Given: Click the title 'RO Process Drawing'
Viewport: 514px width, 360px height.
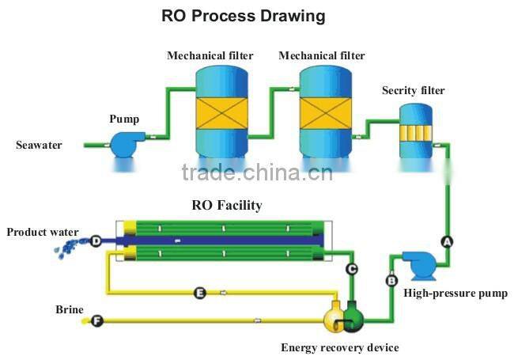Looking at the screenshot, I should click(x=243, y=16).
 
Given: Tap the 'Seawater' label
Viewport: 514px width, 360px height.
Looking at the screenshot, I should click(x=38, y=145).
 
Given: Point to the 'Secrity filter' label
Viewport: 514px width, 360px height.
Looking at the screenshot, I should click(x=413, y=90).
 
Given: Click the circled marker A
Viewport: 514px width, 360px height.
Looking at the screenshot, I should click(x=447, y=241).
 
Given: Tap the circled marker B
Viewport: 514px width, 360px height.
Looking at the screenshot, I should click(x=391, y=279).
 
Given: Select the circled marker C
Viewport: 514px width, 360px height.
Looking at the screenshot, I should click(x=352, y=269).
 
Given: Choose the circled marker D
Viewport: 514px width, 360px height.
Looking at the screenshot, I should click(x=96, y=241).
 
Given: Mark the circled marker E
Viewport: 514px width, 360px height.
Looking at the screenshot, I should click(x=200, y=293).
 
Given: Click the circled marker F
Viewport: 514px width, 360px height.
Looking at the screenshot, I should click(x=96, y=320).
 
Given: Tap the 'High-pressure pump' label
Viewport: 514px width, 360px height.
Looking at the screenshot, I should click(x=455, y=294).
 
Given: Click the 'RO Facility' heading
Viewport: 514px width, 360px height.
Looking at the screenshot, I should click(x=227, y=205).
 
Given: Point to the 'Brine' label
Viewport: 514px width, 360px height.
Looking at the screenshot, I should click(x=69, y=308).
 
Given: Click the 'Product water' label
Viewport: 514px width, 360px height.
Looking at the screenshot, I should click(x=43, y=232).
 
